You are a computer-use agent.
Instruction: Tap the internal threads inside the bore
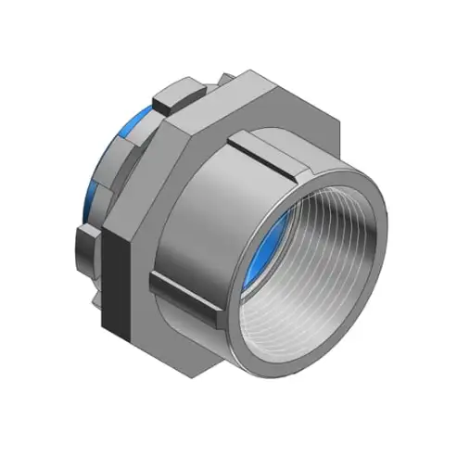pos(320,269)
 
